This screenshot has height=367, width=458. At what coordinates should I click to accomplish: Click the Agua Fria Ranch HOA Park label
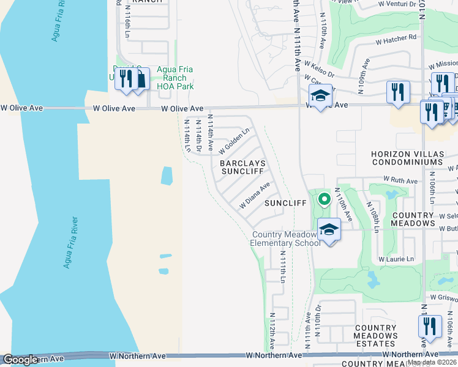pyautogui.click(x=175, y=78)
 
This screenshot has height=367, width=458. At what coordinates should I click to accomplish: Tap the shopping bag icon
pyautogui.click(x=140, y=80)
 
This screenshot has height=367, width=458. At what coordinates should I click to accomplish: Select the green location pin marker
pyautogui.click(x=324, y=199)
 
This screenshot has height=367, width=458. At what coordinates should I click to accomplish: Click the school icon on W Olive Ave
pyautogui.click(x=320, y=95)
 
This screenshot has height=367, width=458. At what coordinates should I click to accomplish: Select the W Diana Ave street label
pyautogui.click(x=255, y=196)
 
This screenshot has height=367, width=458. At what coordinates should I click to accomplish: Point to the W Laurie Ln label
pyautogui.click(x=396, y=259)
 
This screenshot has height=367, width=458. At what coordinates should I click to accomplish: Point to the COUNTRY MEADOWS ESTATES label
pyautogui.click(x=377, y=332)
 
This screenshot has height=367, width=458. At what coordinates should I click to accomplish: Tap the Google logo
pyautogui.click(x=20, y=360)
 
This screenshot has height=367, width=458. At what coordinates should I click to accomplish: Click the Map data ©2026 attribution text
pyautogui.click(x=432, y=362)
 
